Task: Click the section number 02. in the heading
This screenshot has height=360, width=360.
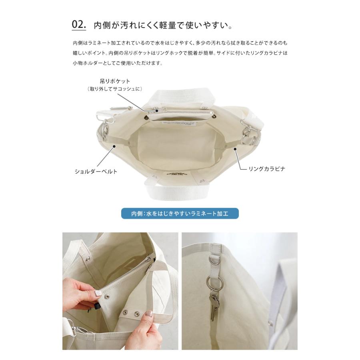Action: click(79, 24)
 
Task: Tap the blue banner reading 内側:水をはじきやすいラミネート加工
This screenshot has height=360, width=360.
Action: click(180, 214)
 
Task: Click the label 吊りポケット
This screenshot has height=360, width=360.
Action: click(115, 81)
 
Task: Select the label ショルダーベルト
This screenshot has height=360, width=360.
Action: click(96, 172)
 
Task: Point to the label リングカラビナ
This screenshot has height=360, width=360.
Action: click(267, 169)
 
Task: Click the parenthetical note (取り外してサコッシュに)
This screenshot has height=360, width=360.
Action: click(115, 89)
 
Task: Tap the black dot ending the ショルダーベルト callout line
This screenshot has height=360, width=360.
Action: click(114, 146)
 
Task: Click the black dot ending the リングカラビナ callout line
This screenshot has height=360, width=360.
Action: click(235, 149)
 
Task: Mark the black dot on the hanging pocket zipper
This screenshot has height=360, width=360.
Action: click(157, 111)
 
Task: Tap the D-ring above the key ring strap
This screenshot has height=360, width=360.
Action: click(215, 260)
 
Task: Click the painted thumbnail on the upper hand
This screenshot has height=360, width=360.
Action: click(98, 293)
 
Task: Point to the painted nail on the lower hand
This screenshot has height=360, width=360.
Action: click(149, 314)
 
